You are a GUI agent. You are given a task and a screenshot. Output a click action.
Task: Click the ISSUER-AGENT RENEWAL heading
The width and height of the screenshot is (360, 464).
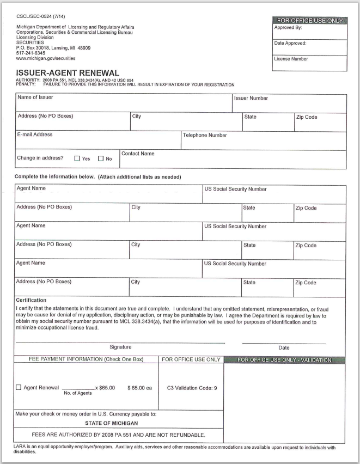[x=69, y=72]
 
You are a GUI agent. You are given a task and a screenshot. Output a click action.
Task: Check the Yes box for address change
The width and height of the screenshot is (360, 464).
[x=77, y=159]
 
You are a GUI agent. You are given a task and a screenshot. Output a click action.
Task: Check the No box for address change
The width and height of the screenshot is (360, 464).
[x=101, y=159]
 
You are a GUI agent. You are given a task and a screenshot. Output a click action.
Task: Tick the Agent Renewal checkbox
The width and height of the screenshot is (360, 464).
[x=19, y=388]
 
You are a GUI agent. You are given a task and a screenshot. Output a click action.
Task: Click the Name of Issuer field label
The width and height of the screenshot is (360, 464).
[x=36, y=98]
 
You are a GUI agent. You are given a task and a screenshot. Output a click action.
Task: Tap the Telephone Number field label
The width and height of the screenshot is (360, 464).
[x=205, y=135]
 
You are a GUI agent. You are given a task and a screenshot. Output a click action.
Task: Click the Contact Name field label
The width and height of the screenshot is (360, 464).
[x=138, y=154]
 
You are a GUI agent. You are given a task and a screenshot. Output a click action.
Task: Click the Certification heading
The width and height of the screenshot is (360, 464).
[x=31, y=300]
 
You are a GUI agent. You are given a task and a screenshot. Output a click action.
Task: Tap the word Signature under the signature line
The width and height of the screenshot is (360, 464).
[x=120, y=347]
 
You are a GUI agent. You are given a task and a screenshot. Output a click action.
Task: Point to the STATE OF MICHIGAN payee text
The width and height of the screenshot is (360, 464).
[x=111, y=422]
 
